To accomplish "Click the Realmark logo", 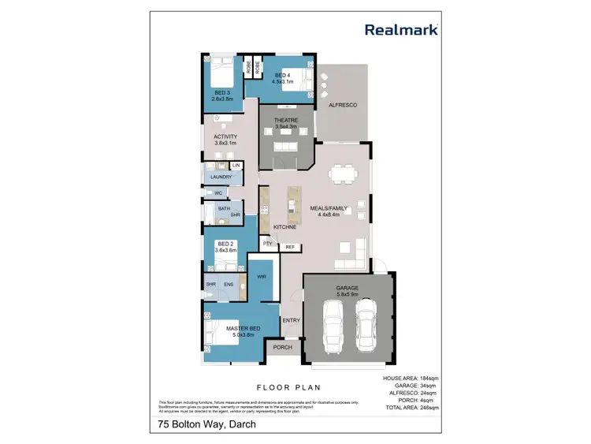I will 401,30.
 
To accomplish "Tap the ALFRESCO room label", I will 343,105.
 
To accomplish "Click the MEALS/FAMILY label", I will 334,208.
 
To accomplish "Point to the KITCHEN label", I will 284,227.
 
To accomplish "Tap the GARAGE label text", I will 348,289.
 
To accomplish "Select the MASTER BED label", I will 244,329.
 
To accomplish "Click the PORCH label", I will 283,348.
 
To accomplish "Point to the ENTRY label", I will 291,320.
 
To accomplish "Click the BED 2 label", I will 226,244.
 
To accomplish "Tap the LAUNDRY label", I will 221,177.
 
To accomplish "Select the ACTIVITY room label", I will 225,136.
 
